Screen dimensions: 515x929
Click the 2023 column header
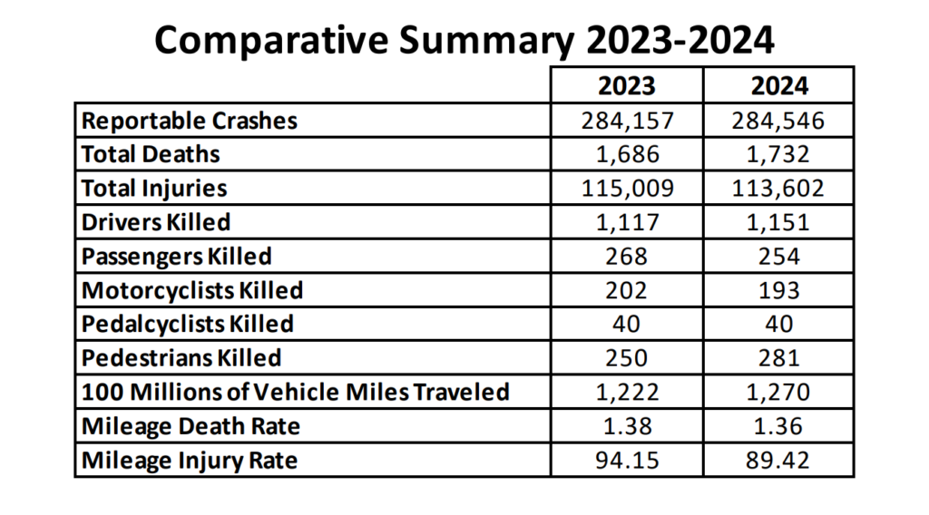tap(626, 85)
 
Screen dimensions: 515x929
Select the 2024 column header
tap(779, 85)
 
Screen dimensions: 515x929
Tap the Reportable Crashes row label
tap(190, 120)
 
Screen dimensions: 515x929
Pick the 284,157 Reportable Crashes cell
tap(626, 120)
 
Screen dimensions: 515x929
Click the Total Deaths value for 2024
tap(779, 154)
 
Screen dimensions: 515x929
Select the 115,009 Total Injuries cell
tap(626, 188)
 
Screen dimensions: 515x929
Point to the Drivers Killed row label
tap(156, 222)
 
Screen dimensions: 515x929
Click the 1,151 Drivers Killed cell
tap(779, 222)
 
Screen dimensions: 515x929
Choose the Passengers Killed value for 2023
tap(626, 257)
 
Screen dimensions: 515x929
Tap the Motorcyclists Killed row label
tap(192, 291)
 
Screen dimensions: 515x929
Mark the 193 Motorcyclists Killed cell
tap(779, 291)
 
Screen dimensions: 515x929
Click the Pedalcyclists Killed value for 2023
tap(626, 325)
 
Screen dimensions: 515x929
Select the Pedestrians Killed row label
tap(181, 358)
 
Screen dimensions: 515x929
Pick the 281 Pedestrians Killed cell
tap(779, 358)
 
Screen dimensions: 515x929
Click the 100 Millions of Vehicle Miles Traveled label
tap(296, 393)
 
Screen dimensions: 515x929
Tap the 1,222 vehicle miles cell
tap(626, 393)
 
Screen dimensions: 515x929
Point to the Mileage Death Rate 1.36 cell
tap(779, 426)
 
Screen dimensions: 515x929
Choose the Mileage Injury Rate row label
tap(190, 461)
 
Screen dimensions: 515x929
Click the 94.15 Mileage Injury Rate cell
tap(626, 461)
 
